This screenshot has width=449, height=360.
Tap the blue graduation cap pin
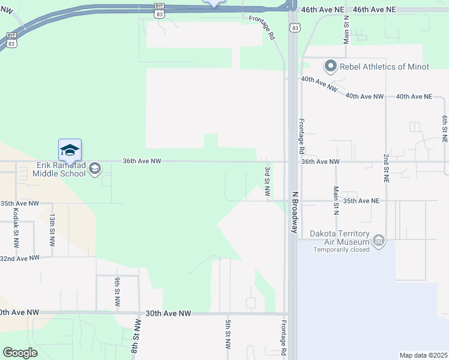tap(70, 150)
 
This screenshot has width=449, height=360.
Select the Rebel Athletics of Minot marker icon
tap(330, 66)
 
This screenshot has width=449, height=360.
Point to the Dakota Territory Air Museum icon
tap(378, 241)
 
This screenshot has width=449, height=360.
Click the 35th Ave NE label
tap(361, 201)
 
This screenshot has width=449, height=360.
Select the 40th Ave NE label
tap(414, 97)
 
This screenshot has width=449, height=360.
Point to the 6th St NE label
tap(445, 128)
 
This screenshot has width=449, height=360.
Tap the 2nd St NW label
tap(386, 167)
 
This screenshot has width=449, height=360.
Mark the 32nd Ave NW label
tap(20, 259)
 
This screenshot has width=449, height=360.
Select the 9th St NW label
tap(118, 290)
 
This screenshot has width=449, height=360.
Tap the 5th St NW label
tap(228, 335)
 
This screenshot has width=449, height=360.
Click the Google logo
tap(20, 353)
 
